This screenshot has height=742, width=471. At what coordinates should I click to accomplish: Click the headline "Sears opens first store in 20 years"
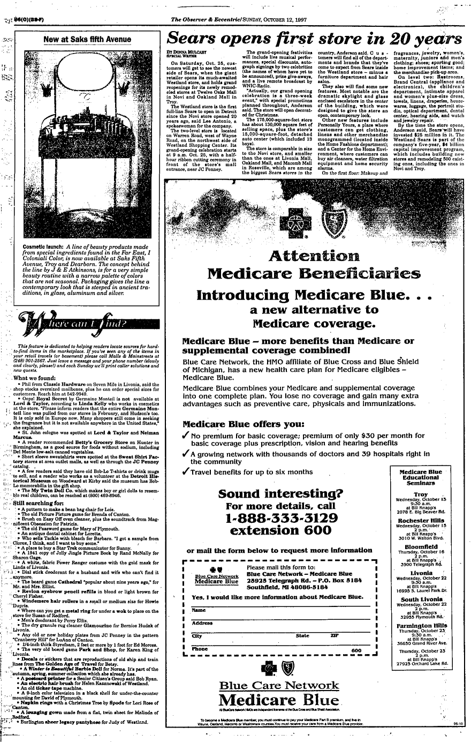[314, 38]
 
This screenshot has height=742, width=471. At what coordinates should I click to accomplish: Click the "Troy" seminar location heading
[421, 493]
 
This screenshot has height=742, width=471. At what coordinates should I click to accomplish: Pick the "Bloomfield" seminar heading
[421, 547]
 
